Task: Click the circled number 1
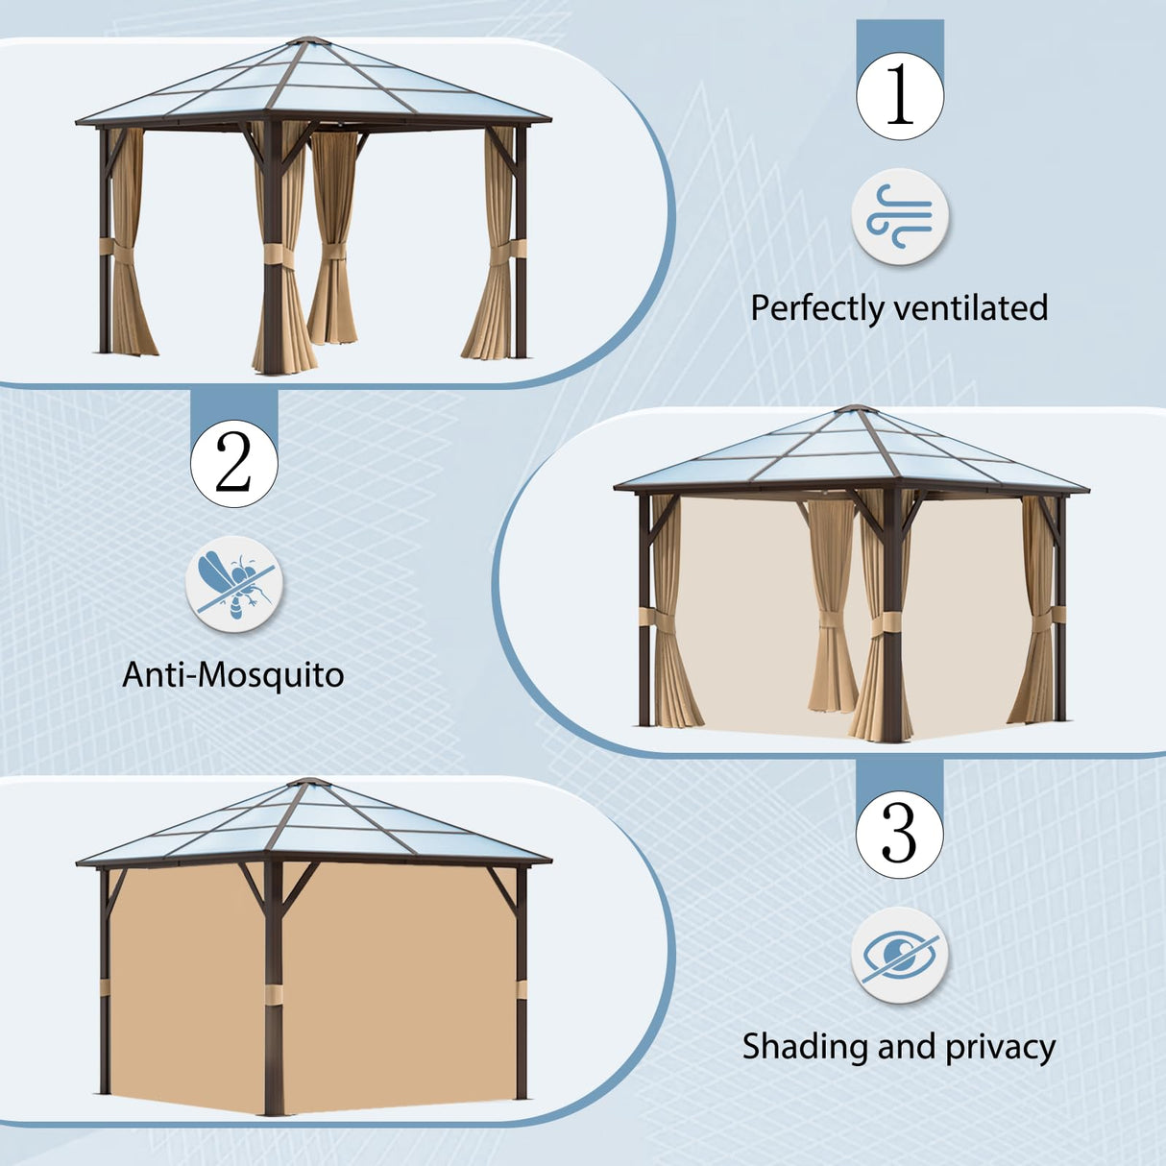click(x=900, y=95)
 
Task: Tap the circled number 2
click(x=233, y=463)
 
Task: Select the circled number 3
click(x=899, y=833)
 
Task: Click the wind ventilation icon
click(x=900, y=217)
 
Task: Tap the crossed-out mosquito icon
click(x=233, y=584)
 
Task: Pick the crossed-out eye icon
click(x=899, y=955)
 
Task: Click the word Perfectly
click(x=816, y=308)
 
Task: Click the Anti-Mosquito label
click(x=233, y=675)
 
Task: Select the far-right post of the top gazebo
click(x=521, y=240)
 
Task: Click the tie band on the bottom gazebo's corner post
click(x=274, y=992)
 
